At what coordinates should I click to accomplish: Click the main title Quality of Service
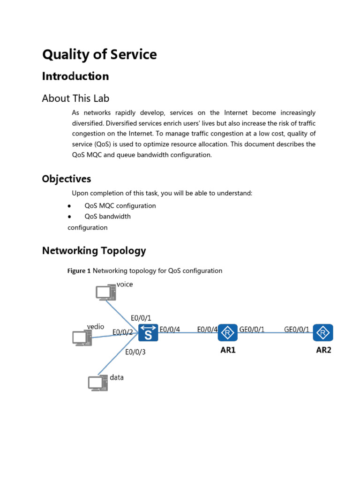coord(99,55)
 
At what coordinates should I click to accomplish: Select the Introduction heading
coord(75,76)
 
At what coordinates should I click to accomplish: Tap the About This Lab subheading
coord(75,98)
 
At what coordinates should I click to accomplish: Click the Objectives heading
coord(67,179)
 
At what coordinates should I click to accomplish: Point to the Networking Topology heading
coord(94,251)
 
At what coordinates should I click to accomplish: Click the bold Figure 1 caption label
coord(79,271)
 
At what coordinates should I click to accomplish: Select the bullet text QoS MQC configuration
coord(120,206)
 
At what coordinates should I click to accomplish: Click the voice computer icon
coord(105,292)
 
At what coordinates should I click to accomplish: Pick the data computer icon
coord(98,383)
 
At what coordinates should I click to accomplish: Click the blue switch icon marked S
coord(148,333)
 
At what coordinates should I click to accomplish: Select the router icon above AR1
coord(228,332)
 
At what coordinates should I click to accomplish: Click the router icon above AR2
coord(323,332)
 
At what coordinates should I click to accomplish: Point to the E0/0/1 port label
coord(141,318)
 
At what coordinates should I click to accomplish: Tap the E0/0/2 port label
coord(123,332)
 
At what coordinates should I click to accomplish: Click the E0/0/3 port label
coord(135,352)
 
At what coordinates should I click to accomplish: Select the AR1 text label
coord(228,350)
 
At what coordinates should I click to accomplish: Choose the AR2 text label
coord(323,350)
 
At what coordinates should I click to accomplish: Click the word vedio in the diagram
coord(96,326)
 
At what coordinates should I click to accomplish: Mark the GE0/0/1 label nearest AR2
coord(297,330)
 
